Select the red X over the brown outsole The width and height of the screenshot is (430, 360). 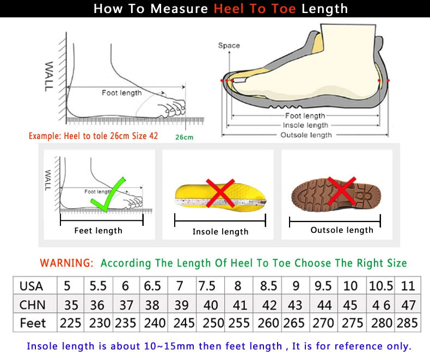(x=342, y=191)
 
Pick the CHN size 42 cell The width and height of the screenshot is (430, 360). (x=268, y=305)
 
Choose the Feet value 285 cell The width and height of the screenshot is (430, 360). (x=408, y=323)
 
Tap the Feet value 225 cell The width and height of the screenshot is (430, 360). (x=70, y=323)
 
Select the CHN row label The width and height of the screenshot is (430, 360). (x=32, y=305)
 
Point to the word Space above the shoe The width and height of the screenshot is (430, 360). (x=229, y=46)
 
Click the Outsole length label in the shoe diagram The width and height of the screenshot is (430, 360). (x=305, y=135)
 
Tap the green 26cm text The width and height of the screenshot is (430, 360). (x=184, y=137)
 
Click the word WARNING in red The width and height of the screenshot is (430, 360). (x=66, y=263)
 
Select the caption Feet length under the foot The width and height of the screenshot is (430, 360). (x=98, y=231)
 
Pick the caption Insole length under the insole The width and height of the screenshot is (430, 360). (x=220, y=232)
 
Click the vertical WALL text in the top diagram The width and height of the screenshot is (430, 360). (x=49, y=75)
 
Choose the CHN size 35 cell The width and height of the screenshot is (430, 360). (x=70, y=305)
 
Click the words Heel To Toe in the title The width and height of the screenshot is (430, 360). (x=255, y=9)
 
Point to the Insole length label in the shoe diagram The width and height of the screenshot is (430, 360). (x=305, y=125)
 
